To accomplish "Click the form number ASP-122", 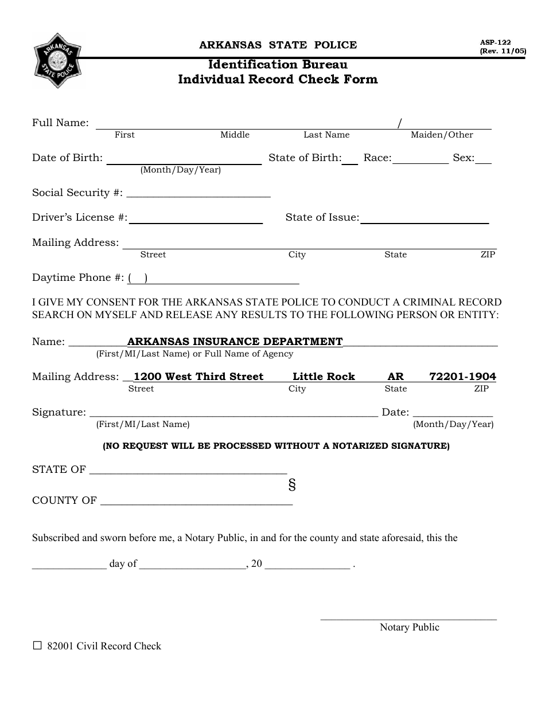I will click(495, 42).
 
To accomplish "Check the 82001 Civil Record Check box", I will click(38, 645).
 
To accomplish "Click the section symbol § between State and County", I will click(292, 485).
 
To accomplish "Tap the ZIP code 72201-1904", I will click(462, 377).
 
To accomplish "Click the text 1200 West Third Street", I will click(198, 377).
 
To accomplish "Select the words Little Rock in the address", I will click(324, 377).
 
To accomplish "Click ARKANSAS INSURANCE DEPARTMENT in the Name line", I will click(235, 342).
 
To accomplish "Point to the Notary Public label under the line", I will click(409, 627).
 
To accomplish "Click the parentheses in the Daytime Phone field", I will click(138, 278).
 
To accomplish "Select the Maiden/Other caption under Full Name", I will click(442, 135).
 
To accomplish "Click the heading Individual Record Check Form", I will click(278, 79).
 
